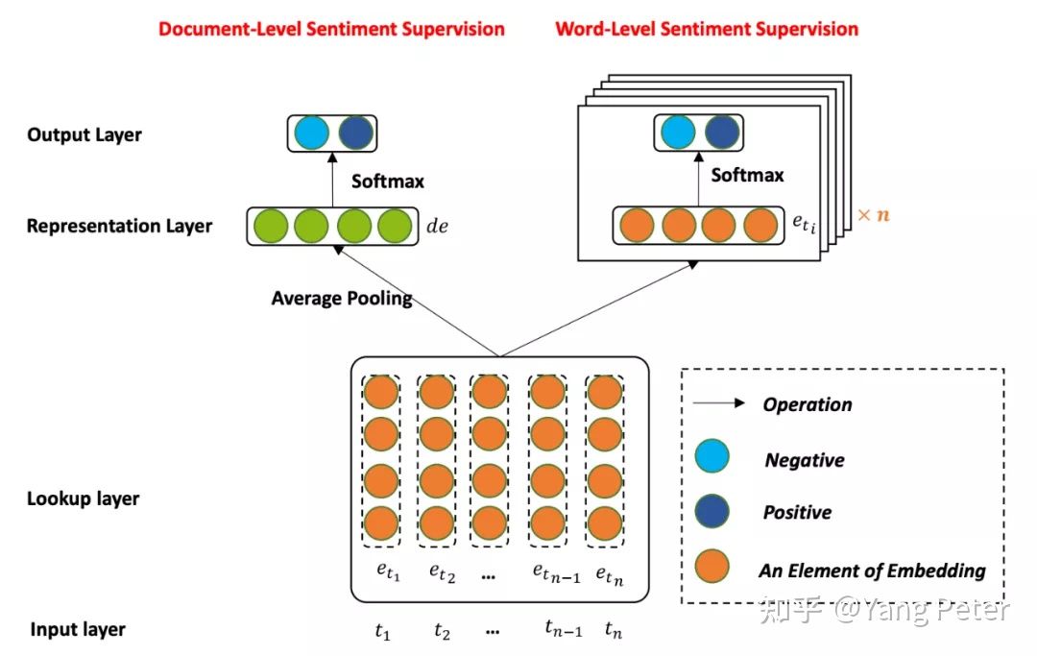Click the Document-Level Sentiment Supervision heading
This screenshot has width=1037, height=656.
click(x=331, y=29)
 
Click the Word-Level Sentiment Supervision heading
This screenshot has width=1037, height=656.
click(x=707, y=29)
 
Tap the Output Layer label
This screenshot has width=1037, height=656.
click(x=84, y=134)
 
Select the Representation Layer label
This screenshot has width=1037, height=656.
click(x=120, y=227)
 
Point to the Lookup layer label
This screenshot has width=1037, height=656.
click(x=84, y=498)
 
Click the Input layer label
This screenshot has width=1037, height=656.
click(x=78, y=630)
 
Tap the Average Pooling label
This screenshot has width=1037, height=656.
click(x=342, y=298)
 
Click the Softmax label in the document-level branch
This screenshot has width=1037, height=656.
click(x=388, y=181)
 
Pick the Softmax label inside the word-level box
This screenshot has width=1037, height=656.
click(x=747, y=175)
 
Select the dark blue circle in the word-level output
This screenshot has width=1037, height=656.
click(x=722, y=132)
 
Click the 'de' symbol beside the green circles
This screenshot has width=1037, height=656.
click(x=439, y=230)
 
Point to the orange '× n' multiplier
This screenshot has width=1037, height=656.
click(x=873, y=215)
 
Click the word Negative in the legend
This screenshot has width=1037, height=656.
click(x=805, y=460)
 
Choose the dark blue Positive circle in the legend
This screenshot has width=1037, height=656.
click(x=712, y=511)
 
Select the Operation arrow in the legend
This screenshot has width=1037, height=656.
click(x=720, y=403)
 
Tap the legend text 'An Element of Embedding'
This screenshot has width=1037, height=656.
click(x=872, y=571)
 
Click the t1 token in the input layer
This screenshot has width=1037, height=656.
click(x=383, y=632)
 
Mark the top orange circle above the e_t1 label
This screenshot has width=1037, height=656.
click(x=381, y=393)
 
